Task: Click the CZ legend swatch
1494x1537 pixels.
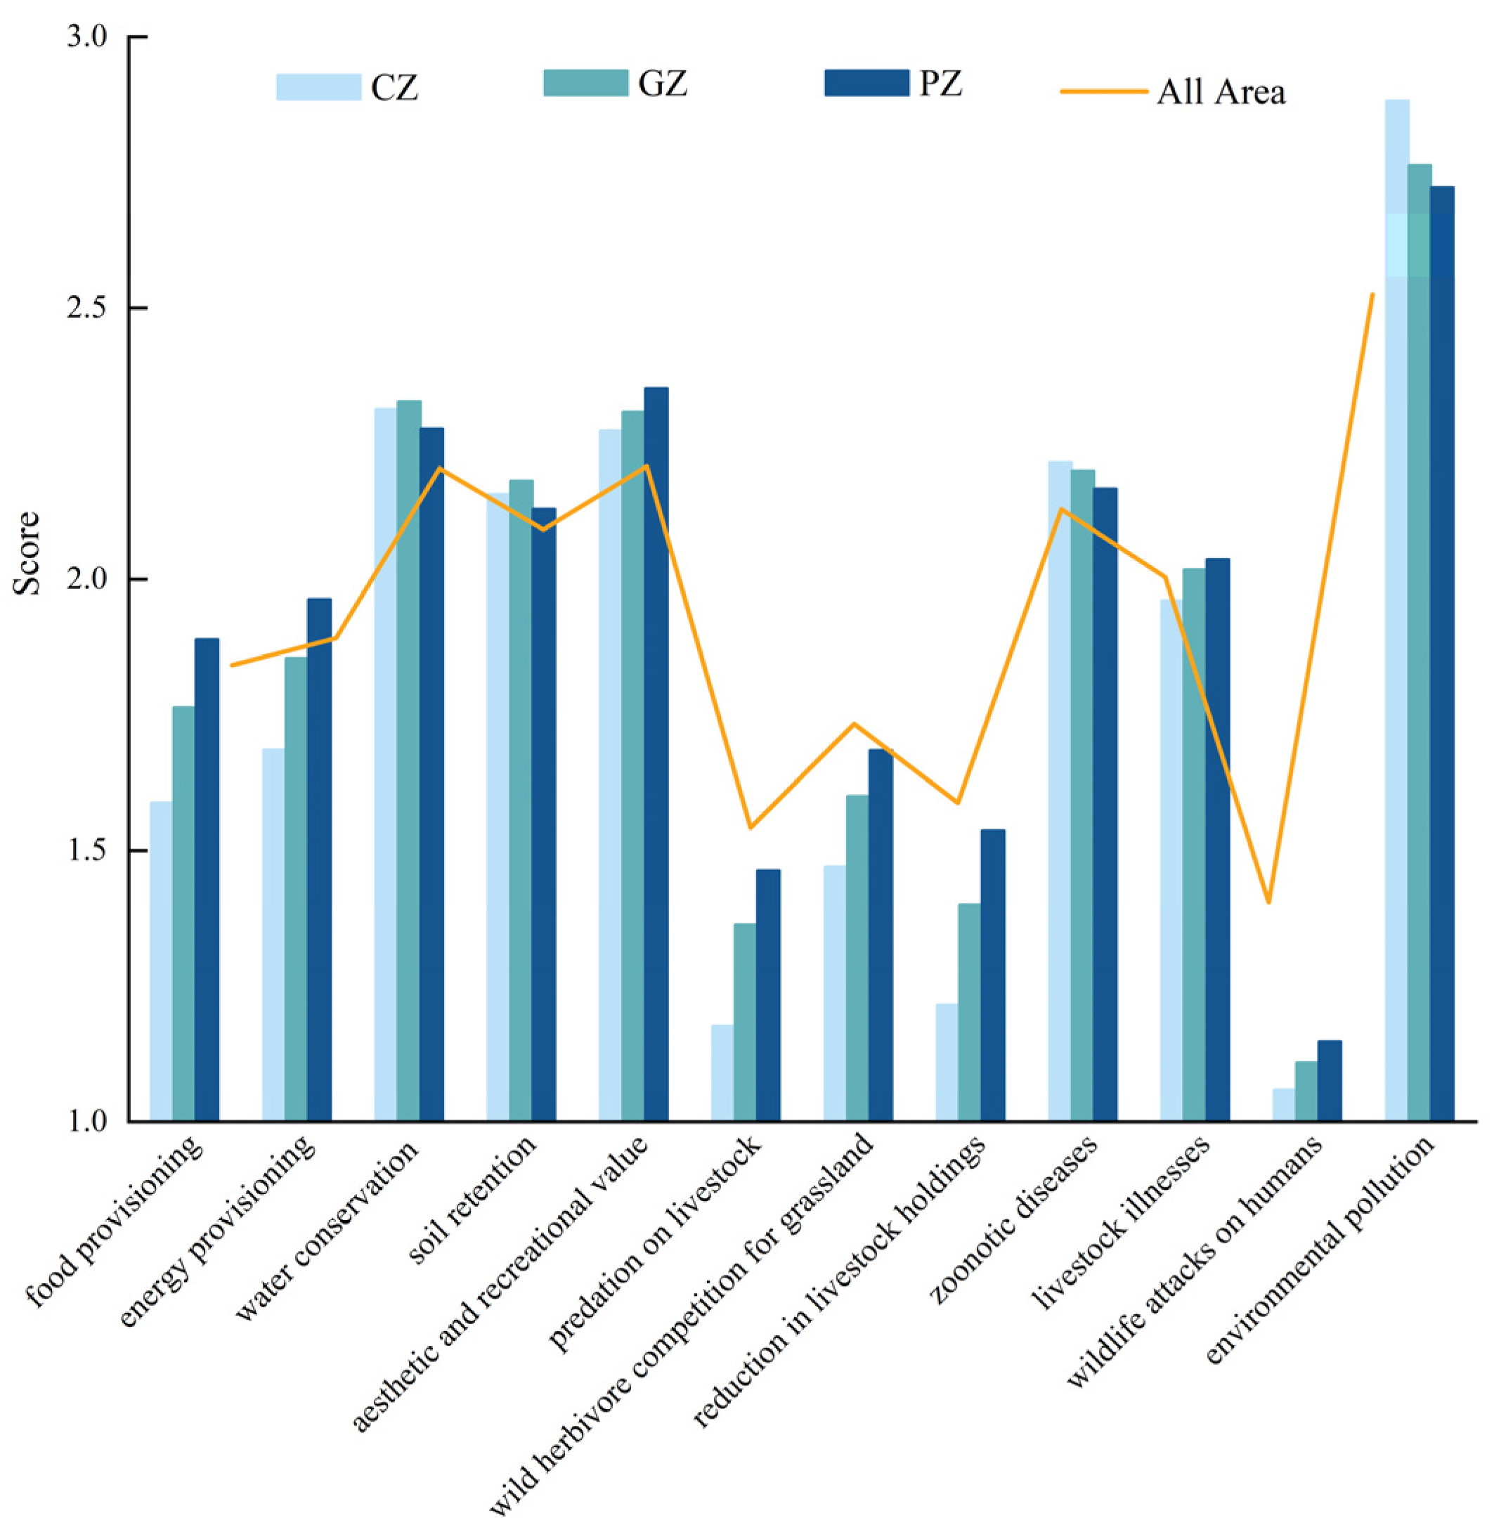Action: click(318, 87)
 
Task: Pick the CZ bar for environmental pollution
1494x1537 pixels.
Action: click(1397, 612)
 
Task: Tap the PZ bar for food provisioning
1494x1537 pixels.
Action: click(207, 878)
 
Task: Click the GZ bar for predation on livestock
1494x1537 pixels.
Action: click(745, 1020)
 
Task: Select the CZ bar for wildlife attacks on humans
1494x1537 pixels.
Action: click(1284, 1104)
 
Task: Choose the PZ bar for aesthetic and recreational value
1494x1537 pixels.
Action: click(656, 753)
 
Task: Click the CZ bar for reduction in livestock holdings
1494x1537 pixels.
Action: click(947, 1061)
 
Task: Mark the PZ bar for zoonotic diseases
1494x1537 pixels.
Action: click(1105, 804)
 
